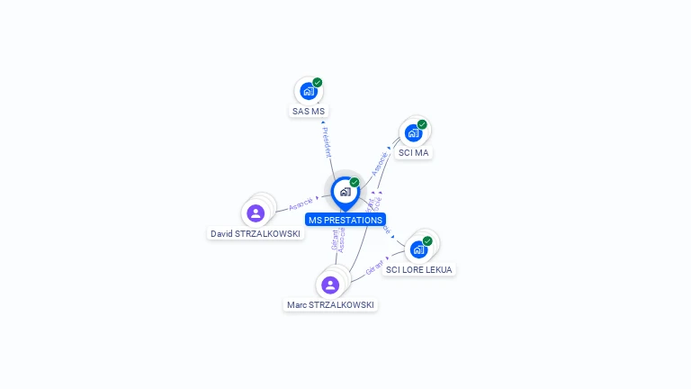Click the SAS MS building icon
[309, 91]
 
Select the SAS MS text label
[309, 112]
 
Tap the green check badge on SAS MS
[318, 83]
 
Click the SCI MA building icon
[413, 133]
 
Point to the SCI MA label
[414, 153]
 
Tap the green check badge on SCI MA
[422, 125]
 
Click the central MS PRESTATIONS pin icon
[345, 192]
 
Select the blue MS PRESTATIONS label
[345, 220]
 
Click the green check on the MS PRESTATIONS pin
[354, 183]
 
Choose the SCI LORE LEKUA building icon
[418, 249]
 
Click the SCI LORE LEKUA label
[419, 269]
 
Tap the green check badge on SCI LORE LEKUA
[427, 241]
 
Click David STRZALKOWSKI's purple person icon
[256, 213]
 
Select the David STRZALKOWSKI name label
[256, 233]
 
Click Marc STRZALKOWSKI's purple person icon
[330, 285]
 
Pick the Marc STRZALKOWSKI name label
[330, 305]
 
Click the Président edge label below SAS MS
[327, 142]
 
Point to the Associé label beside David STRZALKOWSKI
[301, 203]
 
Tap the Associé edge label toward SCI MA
[380, 163]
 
